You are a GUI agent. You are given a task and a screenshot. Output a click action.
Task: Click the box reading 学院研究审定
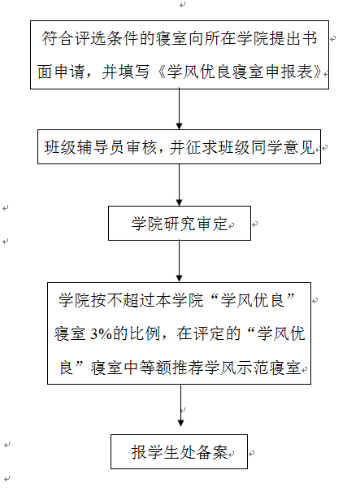click(180, 223)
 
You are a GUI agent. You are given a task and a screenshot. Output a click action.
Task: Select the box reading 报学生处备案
click(179, 451)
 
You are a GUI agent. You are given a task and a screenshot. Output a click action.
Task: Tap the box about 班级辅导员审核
click(179, 146)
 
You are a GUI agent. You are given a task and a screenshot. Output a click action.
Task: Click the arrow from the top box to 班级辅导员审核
click(179, 109)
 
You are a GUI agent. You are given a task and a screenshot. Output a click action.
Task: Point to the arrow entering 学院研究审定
click(179, 185)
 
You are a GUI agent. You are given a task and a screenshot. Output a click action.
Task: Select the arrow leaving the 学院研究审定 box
click(179, 261)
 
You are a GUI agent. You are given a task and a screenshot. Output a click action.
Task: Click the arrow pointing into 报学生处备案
click(180, 405)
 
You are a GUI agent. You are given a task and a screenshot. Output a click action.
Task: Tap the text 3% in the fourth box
click(101, 333)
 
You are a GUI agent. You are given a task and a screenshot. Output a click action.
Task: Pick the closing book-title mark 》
click(318, 72)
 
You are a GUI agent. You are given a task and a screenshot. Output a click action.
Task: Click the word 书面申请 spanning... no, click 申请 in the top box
click(70, 72)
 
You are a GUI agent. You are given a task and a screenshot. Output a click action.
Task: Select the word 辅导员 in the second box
click(99, 147)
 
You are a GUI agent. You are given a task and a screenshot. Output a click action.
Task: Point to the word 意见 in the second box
click(299, 147)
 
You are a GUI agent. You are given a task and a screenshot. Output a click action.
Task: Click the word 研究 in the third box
click(180, 224)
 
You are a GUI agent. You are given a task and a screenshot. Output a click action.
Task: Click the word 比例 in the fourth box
click(145, 333)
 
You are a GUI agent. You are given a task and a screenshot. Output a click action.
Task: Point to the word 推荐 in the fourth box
click(188, 368)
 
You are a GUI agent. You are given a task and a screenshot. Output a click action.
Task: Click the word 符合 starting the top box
click(58, 38)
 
